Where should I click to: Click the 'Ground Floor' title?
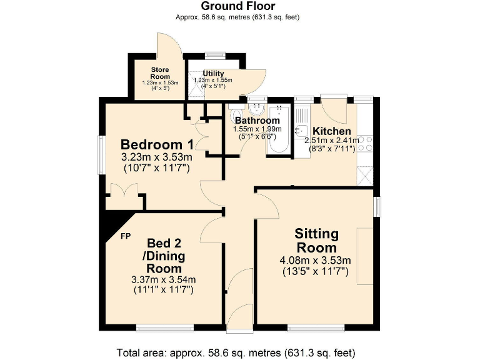tap(239, 6)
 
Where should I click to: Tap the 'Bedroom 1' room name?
tap(157, 142)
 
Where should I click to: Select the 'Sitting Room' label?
tap(317, 241)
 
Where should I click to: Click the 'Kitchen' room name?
tap(332, 131)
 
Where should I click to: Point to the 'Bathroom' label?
tap(256, 121)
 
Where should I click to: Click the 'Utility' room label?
tap(212, 74)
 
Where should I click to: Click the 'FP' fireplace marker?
tap(126, 236)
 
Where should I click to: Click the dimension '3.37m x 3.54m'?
tap(162, 279)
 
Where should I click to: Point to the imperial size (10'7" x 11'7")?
tap(157, 168)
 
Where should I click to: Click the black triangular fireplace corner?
tap(117, 222)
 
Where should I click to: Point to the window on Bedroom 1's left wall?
tap(100, 154)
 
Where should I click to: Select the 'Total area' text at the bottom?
tap(239, 351)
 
